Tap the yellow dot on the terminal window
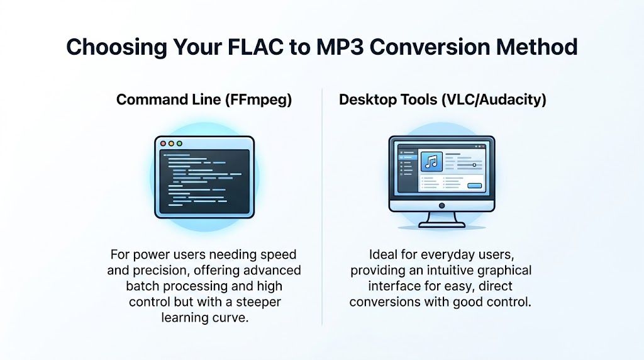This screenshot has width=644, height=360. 171,143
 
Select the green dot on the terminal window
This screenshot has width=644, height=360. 179,143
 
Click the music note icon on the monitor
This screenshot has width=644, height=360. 431,162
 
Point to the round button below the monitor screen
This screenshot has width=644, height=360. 441,206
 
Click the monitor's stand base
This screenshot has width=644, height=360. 441,225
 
